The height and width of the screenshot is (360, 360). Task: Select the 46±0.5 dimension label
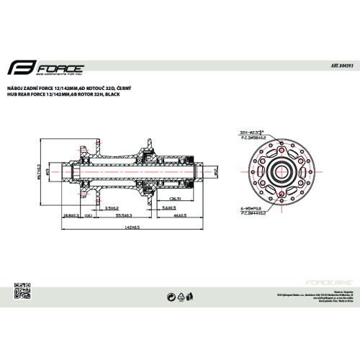180,215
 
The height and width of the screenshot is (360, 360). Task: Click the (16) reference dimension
87,215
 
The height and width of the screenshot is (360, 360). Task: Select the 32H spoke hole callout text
249,132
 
